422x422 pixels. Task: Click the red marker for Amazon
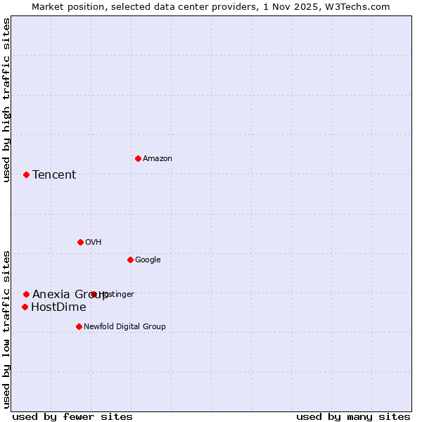coord(138,158)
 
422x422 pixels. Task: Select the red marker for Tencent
coord(26,174)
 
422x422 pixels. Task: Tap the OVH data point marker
coord(80,242)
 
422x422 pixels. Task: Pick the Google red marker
coord(130,260)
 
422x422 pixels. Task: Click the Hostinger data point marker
coord(94,294)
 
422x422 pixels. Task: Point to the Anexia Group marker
coord(26,294)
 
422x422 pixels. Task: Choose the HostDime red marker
coord(25,307)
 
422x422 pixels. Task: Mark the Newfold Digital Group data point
coord(79,326)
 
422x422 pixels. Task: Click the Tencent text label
coord(54,174)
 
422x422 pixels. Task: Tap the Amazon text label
coord(158,158)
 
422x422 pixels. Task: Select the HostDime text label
coord(58,307)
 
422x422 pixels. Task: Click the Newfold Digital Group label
coord(124,326)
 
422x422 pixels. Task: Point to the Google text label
coord(148,260)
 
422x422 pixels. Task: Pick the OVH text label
coord(94,242)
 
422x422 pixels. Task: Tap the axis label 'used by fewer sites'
coord(72,416)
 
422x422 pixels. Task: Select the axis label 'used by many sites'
coord(353,416)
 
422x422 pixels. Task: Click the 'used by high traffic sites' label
coord(7,99)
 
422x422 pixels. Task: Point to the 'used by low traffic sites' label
coord(7,328)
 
